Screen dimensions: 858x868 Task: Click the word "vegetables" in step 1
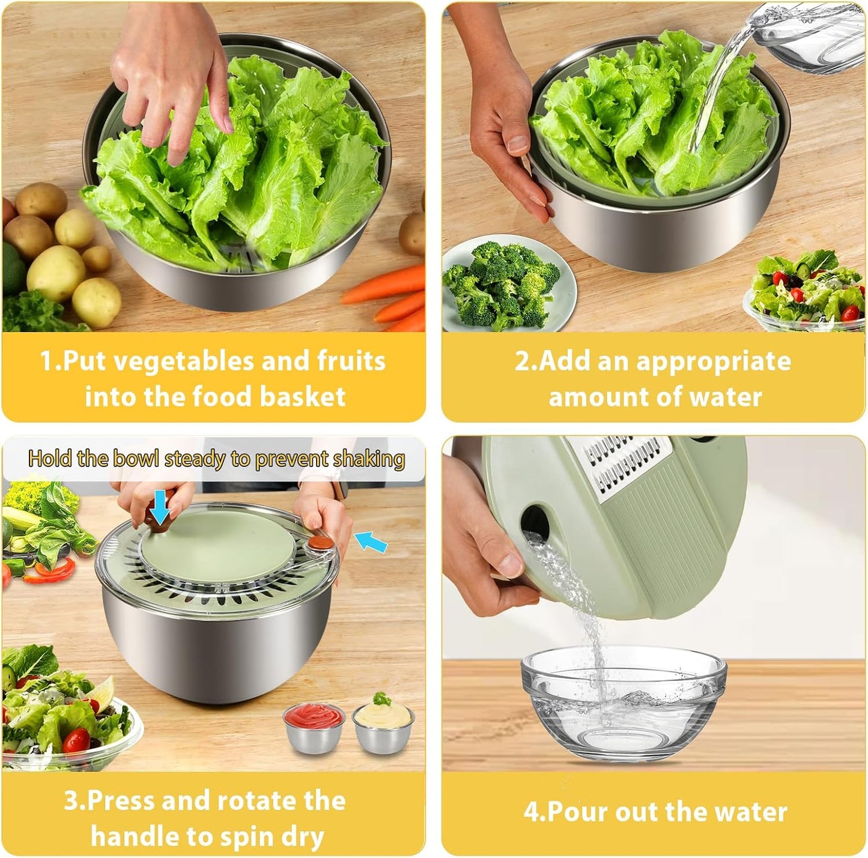pyautogui.click(x=183, y=361)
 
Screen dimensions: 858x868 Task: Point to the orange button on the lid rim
pyautogui.click(x=317, y=543)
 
